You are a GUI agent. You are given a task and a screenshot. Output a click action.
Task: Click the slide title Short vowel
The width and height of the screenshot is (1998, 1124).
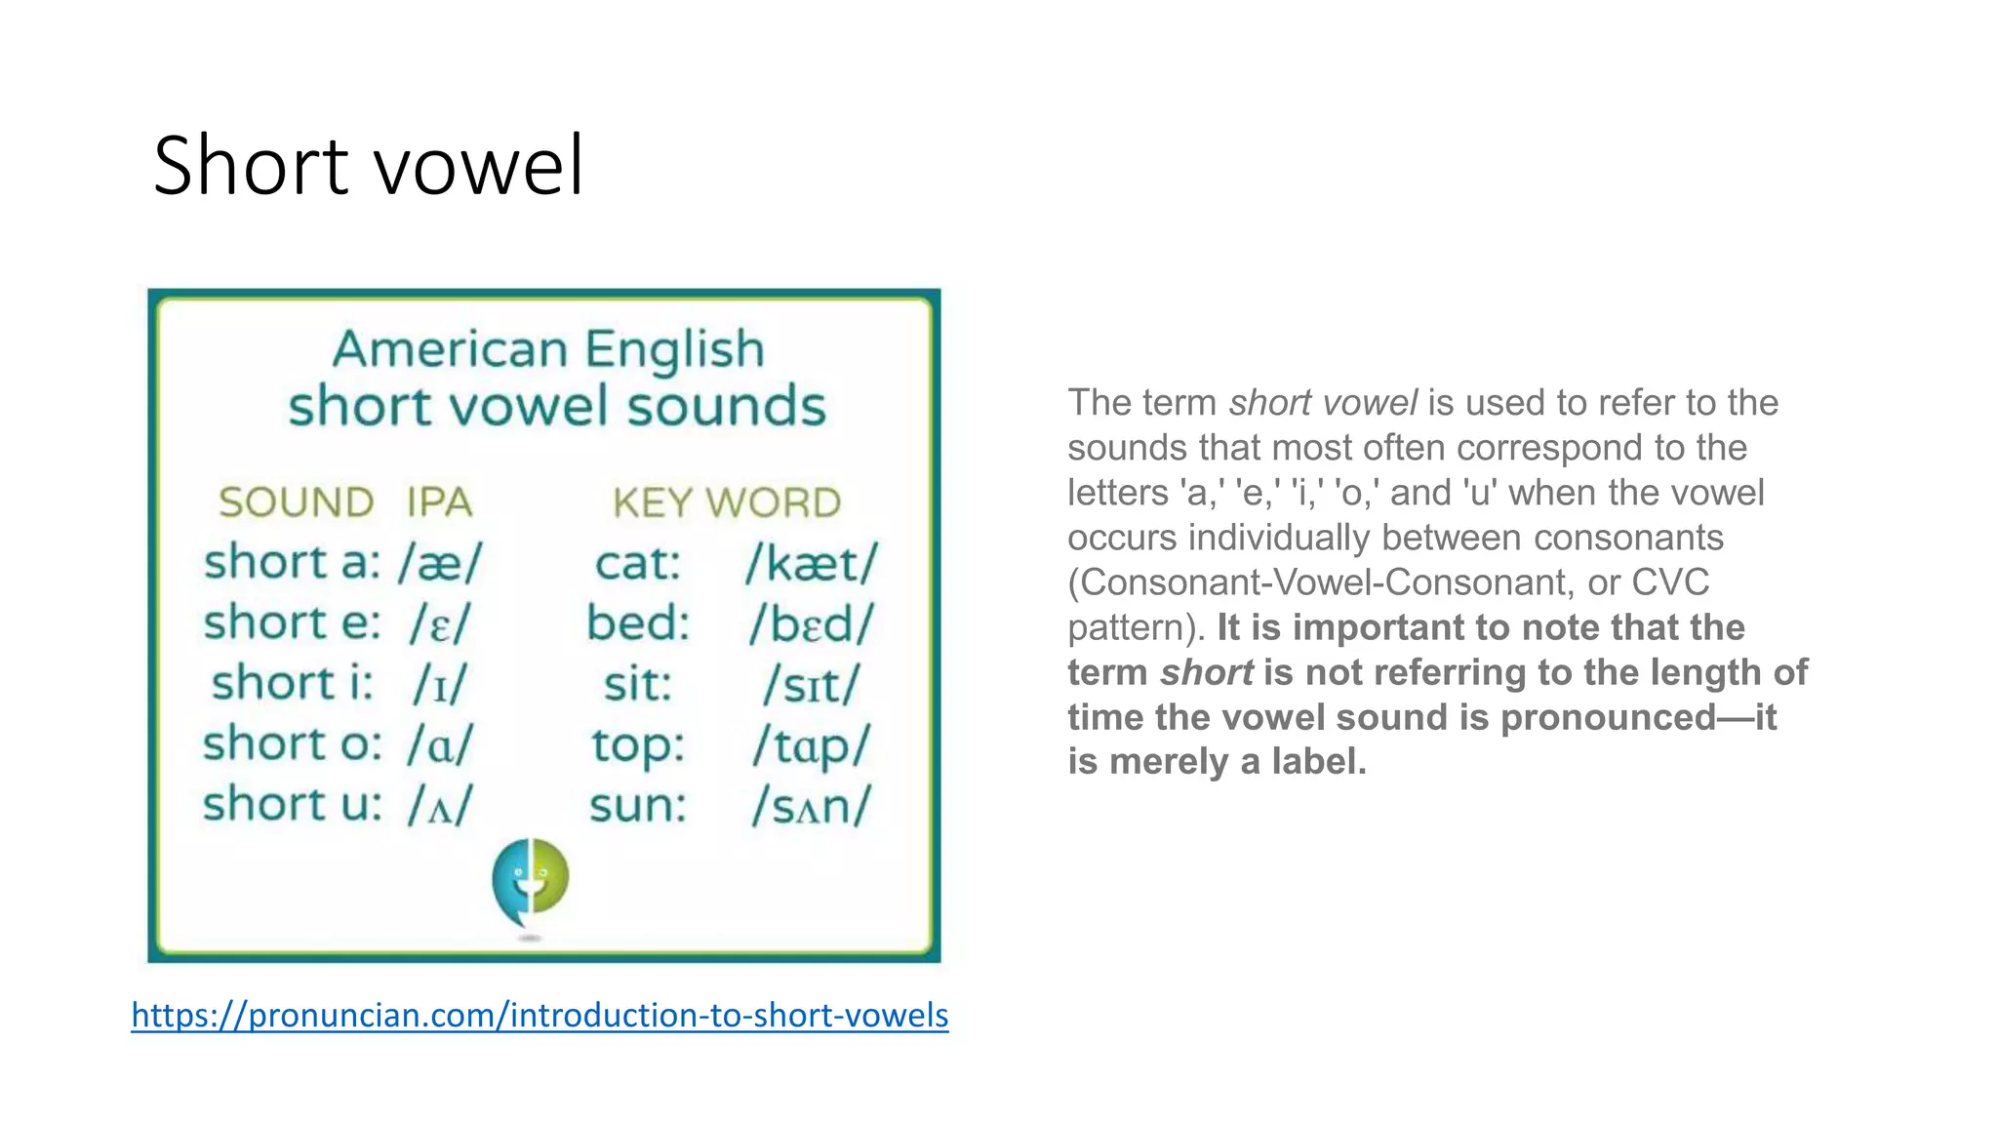369,165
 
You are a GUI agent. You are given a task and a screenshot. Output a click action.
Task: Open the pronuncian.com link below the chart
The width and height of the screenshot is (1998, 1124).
539,1015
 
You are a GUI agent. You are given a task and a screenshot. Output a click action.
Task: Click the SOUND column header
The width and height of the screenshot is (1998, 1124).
296,502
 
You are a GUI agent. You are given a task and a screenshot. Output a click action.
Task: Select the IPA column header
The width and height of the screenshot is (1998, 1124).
439,502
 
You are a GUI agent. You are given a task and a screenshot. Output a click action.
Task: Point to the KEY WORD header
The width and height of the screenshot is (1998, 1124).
727,502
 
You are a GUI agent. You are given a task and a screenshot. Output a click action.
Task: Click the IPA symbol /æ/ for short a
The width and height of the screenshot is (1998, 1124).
440,564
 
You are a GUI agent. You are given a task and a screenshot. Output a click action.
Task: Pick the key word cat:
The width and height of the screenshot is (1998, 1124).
638,564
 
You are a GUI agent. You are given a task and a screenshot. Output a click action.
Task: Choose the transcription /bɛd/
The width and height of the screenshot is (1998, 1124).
812,624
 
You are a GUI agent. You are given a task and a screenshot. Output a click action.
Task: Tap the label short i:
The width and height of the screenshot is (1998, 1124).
293,683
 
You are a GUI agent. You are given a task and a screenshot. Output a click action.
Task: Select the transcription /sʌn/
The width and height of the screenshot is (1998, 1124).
812,806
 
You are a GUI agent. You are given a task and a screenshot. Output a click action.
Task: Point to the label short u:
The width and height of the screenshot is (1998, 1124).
293,805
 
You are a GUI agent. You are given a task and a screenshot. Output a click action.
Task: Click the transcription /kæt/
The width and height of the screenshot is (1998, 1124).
812,564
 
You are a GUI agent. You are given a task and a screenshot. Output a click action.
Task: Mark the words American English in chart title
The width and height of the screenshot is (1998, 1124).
548,349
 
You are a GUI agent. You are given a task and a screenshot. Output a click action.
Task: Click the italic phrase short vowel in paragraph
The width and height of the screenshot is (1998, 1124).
1323,403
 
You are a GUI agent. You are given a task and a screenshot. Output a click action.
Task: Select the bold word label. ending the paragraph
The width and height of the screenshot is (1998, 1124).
1319,762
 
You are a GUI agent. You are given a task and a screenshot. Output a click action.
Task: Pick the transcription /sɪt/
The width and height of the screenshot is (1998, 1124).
812,685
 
